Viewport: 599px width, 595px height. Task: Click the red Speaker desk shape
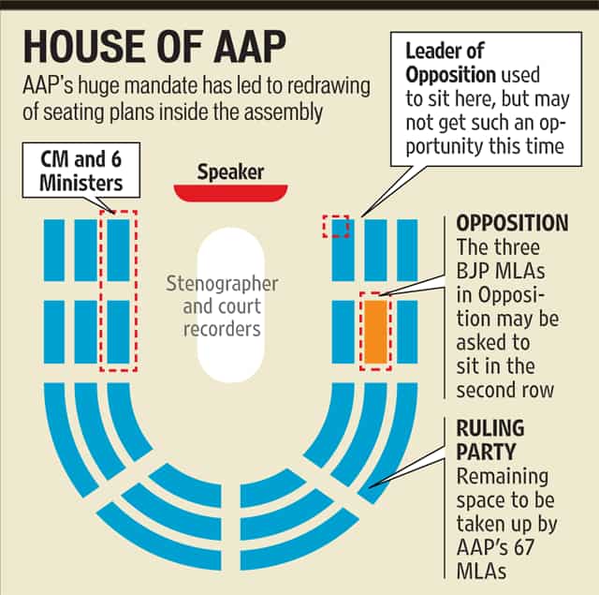pyautogui.click(x=230, y=193)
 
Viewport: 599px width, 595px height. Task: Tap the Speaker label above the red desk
pyautogui.click(x=230, y=172)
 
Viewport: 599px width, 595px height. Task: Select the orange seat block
pyautogui.click(x=376, y=332)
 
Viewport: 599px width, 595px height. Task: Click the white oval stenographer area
pyautogui.click(x=231, y=305)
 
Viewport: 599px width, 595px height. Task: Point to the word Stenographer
pyautogui.click(x=222, y=284)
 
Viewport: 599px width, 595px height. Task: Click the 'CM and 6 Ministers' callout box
pyautogui.click(x=81, y=171)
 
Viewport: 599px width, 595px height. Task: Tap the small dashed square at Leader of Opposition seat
pyautogui.click(x=336, y=227)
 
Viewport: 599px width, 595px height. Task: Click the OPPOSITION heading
pyautogui.click(x=512, y=223)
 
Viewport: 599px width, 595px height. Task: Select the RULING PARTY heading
pyautogui.click(x=490, y=439)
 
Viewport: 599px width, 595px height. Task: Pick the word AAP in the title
pyautogui.click(x=249, y=47)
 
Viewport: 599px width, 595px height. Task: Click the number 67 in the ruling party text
pyautogui.click(x=523, y=547)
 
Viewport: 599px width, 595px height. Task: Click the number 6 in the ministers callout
pyautogui.click(x=116, y=159)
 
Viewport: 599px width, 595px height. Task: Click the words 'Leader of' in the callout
pyautogui.click(x=445, y=52)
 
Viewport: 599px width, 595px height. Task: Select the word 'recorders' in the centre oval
pyautogui.click(x=222, y=329)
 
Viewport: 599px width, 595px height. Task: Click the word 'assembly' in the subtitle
pyautogui.click(x=286, y=112)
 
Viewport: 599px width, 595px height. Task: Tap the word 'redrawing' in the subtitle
pyautogui.click(x=329, y=87)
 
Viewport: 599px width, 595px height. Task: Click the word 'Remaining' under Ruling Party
pyautogui.click(x=503, y=476)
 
